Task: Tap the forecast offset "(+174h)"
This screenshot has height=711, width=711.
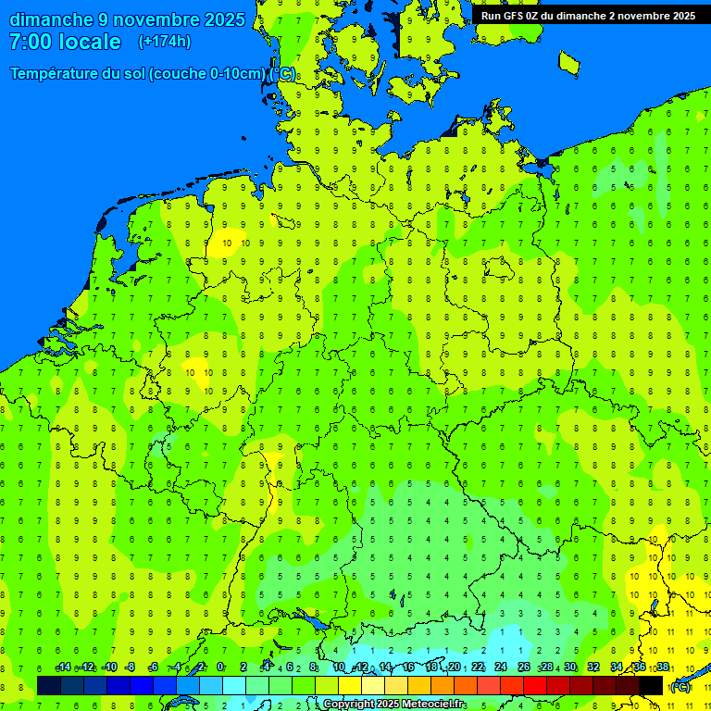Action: pos(164,42)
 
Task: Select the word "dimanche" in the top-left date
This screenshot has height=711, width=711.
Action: pos(51,19)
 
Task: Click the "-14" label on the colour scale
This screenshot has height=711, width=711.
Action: pos(63,667)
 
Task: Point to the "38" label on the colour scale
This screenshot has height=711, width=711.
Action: pos(663,667)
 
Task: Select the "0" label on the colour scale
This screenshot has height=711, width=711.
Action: pos(220,667)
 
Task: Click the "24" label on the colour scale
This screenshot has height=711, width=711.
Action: pos(501,667)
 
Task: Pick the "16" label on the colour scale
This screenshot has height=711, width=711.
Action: pos(408,667)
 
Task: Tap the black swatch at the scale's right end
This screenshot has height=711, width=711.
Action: pos(651,685)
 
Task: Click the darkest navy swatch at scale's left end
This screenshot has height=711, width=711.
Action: pos(49,685)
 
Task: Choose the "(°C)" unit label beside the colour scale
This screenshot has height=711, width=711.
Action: pos(680,687)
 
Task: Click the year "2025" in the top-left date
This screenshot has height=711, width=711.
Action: pos(224,19)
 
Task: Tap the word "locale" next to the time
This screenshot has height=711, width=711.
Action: pos(89,42)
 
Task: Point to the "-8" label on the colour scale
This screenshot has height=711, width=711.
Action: pos(130,667)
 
